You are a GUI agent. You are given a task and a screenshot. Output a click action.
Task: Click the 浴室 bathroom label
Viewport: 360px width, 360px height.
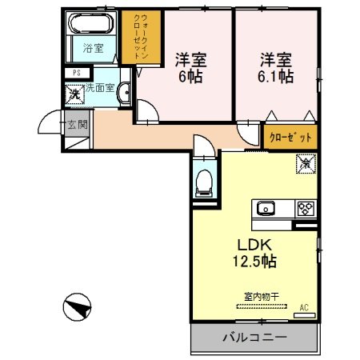(94, 48)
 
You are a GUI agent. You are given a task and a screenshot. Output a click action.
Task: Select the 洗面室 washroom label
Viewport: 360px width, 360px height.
(101, 88)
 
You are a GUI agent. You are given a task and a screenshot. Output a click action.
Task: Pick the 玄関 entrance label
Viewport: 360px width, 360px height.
(77, 124)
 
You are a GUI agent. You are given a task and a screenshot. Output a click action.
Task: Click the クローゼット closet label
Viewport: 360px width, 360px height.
(290, 137)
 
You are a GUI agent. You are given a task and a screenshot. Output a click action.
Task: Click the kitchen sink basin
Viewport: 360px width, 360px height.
(266, 210)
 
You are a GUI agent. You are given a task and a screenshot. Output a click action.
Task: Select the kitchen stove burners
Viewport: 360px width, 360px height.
(305, 210)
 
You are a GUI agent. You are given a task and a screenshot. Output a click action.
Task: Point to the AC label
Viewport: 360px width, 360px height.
(304, 307)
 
